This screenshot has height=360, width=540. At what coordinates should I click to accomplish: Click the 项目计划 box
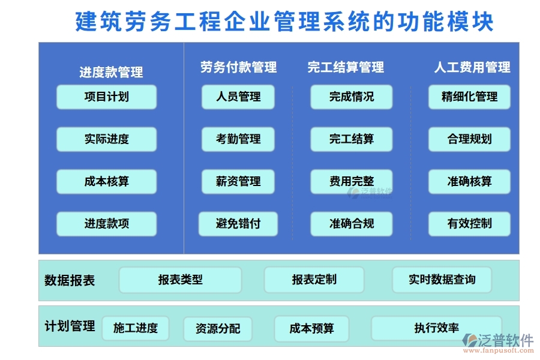point(106,97)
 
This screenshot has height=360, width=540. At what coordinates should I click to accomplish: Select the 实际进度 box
point(106,139)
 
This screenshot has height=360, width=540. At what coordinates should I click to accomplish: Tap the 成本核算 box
point(106,182)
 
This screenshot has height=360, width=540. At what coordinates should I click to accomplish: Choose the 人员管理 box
point(238,97)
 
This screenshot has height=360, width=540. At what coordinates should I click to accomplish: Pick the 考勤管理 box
point(238,139)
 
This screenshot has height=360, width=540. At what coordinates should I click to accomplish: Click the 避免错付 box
point(238,224)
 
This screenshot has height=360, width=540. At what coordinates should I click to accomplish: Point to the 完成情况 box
point(351,97)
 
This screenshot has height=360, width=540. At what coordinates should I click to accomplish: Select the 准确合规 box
point(351,224)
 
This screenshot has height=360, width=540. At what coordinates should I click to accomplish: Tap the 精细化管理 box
point(469,97)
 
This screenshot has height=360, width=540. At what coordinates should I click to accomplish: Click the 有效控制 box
point(469,224)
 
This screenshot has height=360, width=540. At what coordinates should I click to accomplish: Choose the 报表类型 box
point(180,280)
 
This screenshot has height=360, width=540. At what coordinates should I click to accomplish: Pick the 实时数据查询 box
point(442,280)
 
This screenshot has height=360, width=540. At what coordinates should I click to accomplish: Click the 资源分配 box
point(218,329)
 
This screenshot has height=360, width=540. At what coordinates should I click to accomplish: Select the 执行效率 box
point(436,328)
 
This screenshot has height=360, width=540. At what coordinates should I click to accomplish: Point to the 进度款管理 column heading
point(111,73)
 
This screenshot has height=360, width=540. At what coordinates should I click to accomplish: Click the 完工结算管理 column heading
point(346,67)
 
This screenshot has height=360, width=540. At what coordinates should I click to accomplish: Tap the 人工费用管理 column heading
point(472,67)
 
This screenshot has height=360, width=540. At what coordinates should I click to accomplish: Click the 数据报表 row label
point(70,280)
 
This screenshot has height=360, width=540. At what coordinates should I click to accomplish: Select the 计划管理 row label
point(70,326)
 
